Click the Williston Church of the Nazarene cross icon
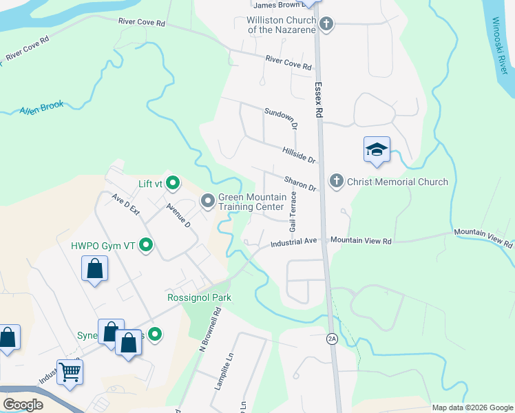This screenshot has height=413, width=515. (x=327, y=25)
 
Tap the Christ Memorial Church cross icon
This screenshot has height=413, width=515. (x=336, y=182)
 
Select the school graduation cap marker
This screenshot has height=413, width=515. (x=377, y=150)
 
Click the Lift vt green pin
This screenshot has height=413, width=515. (x=173, y=183)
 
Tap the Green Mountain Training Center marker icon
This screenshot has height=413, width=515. (x=207, y=201)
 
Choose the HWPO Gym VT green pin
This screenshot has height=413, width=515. (x=146, y=244)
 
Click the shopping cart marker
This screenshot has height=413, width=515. (x=70, y=372)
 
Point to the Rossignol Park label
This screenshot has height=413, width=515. (x=199, y=297)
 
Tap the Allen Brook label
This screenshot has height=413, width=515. (x=41, y=107)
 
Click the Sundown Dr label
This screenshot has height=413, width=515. (x=281, y=119)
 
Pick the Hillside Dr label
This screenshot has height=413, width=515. (x=299, y=155)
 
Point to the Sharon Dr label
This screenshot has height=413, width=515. (x=300, y=183)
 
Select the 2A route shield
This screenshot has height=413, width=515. (x=333, y=338)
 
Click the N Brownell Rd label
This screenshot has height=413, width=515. (x=210, y=330)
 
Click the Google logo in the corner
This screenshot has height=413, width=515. (x=23, y=405)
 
